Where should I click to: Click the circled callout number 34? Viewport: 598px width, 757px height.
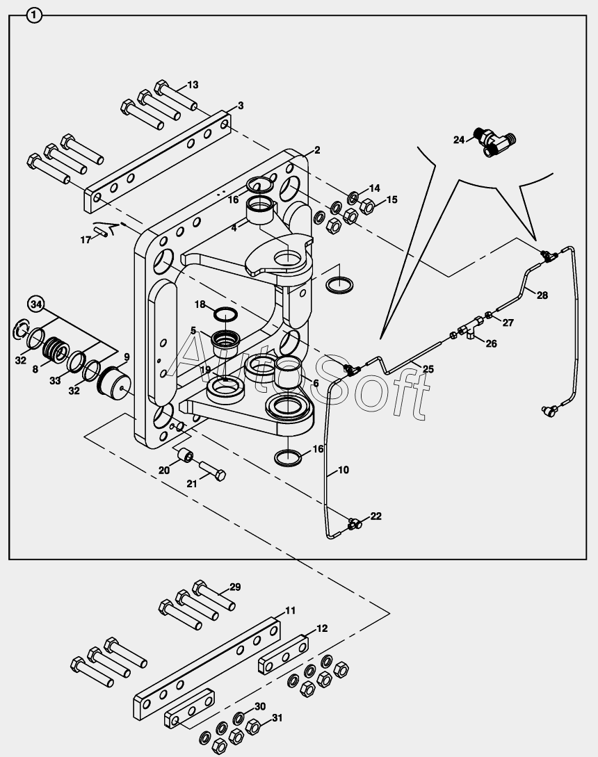37,304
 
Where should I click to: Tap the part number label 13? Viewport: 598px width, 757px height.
193,85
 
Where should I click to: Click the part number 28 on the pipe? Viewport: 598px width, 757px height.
542,295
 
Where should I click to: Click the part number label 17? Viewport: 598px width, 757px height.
86,240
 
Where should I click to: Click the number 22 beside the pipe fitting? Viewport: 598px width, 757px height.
375,516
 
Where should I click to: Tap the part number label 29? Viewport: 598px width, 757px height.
235,587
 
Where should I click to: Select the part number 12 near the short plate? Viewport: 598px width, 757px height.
321,628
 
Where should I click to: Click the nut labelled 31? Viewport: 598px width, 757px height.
253,728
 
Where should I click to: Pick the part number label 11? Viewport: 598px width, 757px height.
290,610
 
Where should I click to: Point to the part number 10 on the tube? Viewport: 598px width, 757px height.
344,470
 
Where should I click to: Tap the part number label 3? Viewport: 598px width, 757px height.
241,106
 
